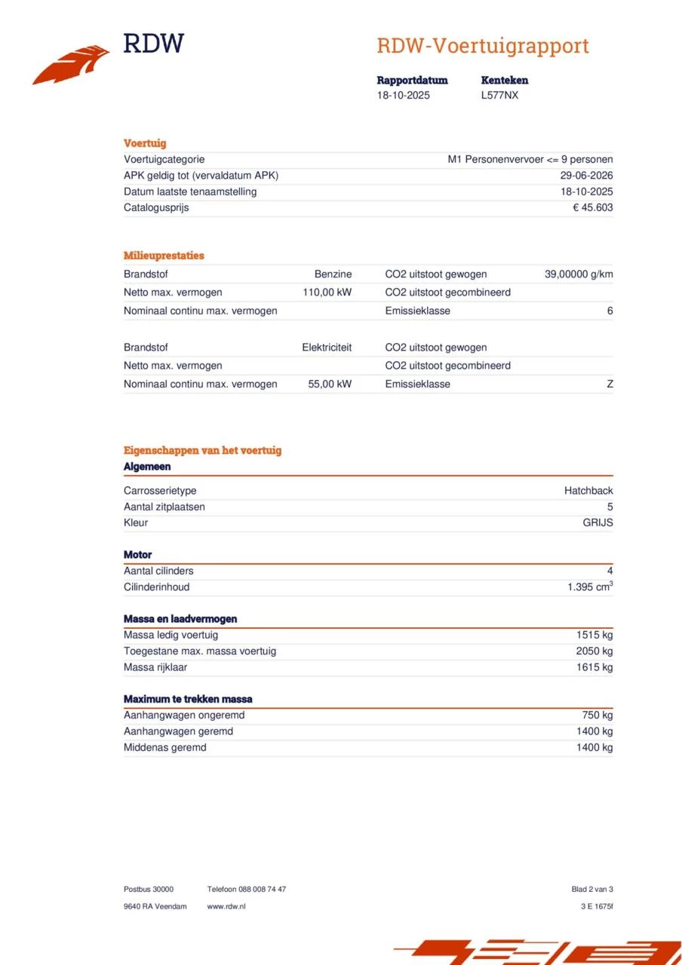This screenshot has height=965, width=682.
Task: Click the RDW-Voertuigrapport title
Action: [x=482, y=46]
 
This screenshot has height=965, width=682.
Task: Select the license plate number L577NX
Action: [x=499, y=96]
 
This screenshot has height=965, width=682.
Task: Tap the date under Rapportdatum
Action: [x=403, y=96]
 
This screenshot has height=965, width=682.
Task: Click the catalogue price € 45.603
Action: [x=592, y=207]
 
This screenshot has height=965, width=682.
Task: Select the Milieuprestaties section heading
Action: [x=164, y=256]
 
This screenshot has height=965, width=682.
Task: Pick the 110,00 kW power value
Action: [x=327, y=293]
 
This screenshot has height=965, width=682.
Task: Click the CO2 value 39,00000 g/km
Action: [x=578, y=274]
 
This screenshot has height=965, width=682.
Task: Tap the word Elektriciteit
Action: [x=327, y=348]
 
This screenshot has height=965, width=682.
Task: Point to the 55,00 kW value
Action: [x=330, y=384]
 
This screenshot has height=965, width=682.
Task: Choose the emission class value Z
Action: [x=610, y=384]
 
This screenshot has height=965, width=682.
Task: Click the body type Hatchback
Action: [x=588, y=491]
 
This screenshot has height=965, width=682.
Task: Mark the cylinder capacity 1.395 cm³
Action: [x=590, y=587]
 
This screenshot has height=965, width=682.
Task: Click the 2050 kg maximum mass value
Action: [x=594, y=651]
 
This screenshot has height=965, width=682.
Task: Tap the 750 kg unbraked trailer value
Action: [x=597, y=715]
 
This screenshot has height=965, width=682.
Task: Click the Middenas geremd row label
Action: [x=164, y=747]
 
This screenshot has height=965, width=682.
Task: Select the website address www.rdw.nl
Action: [x=226, y=906]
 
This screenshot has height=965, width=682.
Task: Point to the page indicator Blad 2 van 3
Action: [x=592, y=890]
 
